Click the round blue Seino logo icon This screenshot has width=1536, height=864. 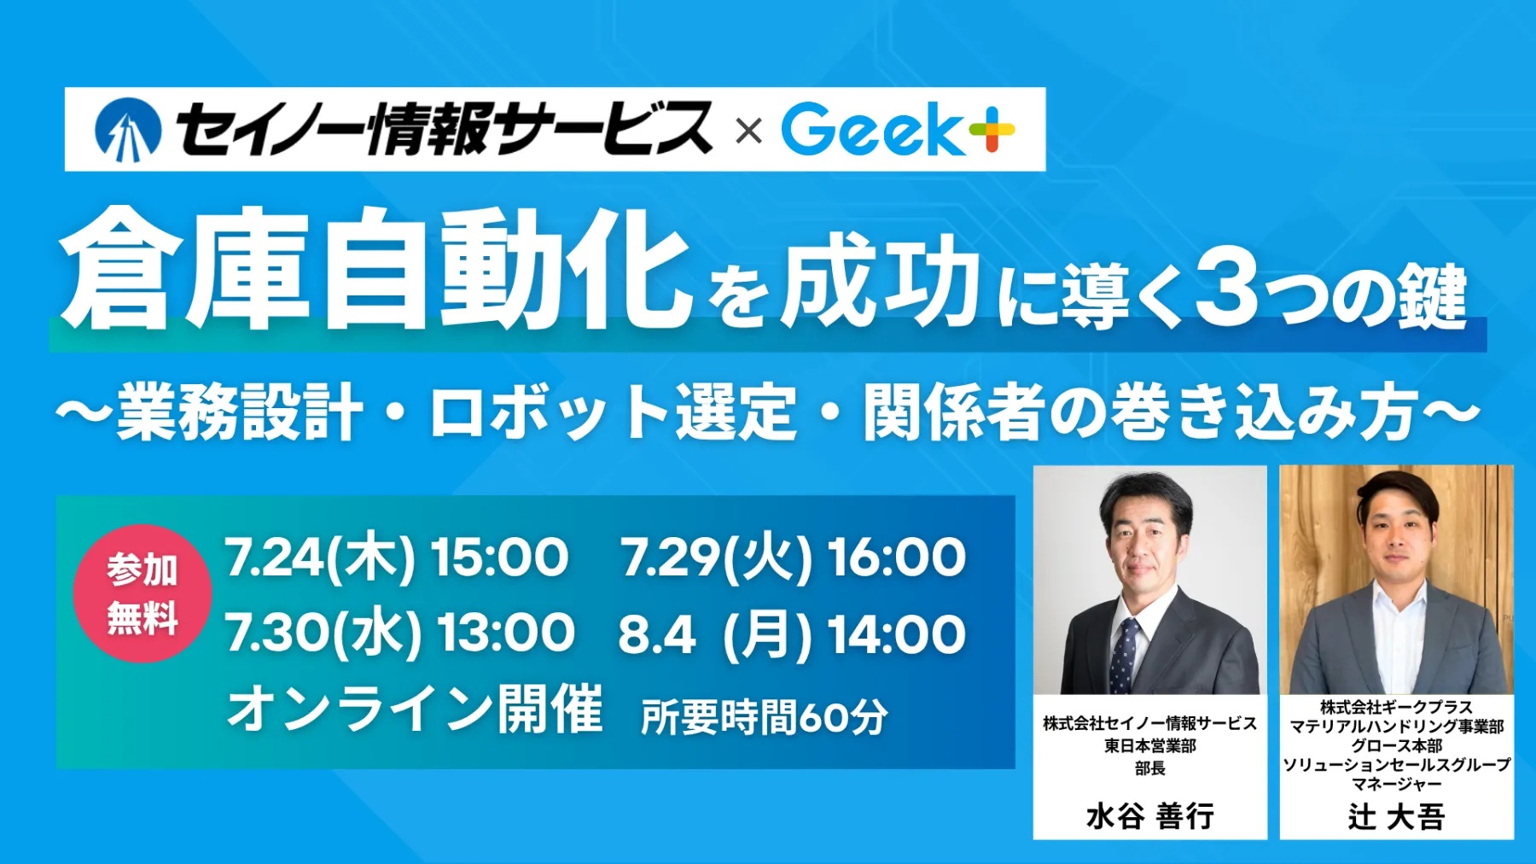tap(128, 130)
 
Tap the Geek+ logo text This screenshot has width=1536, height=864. tap(898, 130)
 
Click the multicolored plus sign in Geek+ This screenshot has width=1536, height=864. tap(992, 130)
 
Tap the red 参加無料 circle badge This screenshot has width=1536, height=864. tap(143, 593)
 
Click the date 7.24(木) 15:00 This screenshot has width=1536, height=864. tap(396, 558)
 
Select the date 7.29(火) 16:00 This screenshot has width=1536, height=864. tap(793, 558)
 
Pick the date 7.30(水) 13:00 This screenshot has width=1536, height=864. tap(399, 633)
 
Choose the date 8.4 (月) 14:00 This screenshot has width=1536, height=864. tap(792, 634)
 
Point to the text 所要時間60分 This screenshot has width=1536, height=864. tap(765, 717)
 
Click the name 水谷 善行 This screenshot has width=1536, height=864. tap(1149, 816)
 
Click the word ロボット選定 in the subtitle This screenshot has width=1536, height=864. tap(614, 412)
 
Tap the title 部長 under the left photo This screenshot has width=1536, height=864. tap(1150, 768)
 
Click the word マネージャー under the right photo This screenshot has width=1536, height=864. tap(1397, 784)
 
